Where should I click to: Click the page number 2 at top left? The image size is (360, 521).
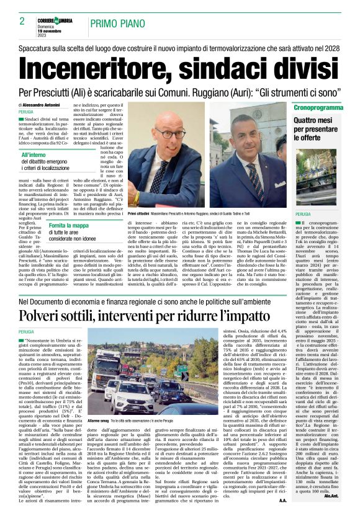point(22,22)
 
